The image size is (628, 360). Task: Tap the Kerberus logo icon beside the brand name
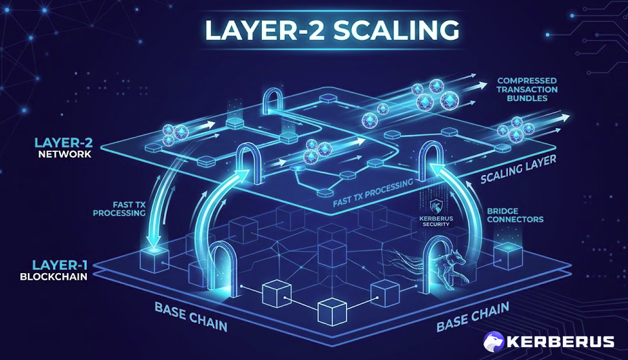(x=494, y=341)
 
